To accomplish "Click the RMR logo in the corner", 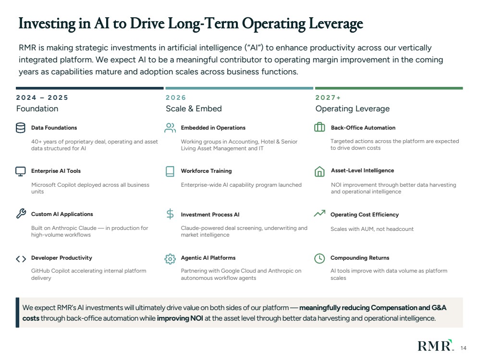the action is [435, 345].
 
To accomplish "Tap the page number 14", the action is [463, 348].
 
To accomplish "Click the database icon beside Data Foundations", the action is [21, 128].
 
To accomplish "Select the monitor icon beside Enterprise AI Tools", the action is [21, 171].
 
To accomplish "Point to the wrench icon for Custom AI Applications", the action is [21, 214].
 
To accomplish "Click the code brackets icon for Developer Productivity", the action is [21, 259].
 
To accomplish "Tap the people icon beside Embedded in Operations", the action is [170, 128].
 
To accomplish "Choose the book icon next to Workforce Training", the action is [170, 171].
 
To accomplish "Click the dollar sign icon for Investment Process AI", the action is [170, 214].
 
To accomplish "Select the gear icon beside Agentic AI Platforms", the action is [170, 259].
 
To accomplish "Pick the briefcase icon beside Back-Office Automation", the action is [320, 127].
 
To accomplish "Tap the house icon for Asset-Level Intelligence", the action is [320, 171].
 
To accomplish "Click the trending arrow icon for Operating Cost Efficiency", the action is [320, 213].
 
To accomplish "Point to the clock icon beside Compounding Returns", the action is [320, 258].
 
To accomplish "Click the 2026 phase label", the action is [176, 97].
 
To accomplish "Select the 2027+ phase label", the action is [328, 97].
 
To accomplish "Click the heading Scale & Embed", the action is [194, 108].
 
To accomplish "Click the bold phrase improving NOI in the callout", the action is [180, 318].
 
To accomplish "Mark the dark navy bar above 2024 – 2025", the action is [90, 88].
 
